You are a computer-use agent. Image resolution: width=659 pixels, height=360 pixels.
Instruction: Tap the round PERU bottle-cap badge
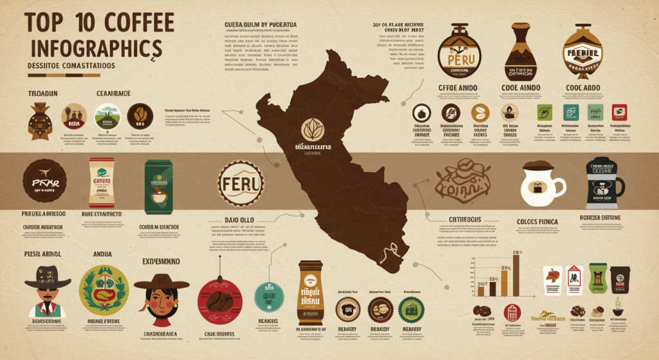coord(241,183)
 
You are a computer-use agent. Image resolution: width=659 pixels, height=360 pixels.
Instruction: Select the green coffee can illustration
coord(158,185)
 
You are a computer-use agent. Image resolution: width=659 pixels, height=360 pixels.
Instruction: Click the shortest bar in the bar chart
coord(480,290)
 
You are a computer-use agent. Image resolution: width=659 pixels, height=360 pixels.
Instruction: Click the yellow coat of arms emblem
coord(103,290)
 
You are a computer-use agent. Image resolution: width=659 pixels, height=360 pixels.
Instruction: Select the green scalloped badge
coord(412,310)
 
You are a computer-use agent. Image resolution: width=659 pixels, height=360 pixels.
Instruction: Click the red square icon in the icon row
coord(619,112)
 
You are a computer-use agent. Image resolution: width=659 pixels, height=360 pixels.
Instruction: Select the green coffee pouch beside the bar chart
coord(598,279)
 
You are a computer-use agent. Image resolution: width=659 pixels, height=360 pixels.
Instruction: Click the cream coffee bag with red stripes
coord(102,183)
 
